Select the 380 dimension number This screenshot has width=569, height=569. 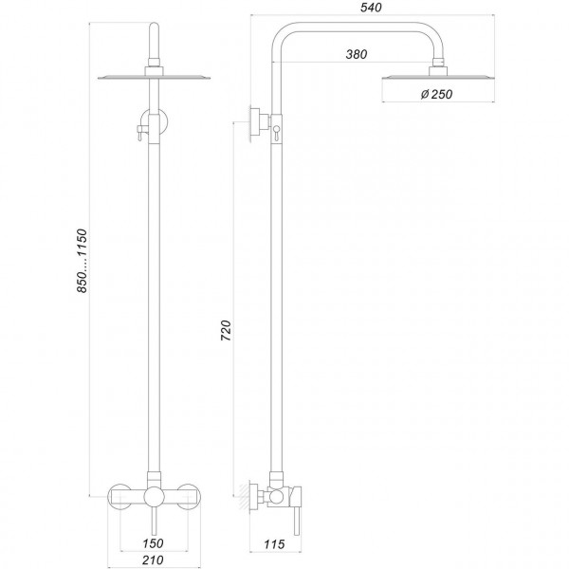point(357,55)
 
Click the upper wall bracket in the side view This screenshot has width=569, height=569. point(255,120)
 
